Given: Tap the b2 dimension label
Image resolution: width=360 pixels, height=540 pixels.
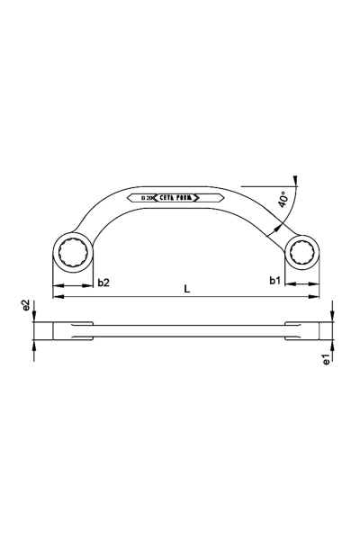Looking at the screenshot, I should [x=103, y=282].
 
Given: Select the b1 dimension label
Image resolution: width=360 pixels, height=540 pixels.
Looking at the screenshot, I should [x=274, y=282].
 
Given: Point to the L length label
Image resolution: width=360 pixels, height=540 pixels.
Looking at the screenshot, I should [x=185, y=290].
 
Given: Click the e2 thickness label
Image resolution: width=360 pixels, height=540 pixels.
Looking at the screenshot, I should [x=27, y=308].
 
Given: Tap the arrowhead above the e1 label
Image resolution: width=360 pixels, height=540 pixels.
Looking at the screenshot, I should [x=333, y=346].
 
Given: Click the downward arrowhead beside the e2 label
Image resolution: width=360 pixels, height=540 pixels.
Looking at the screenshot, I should [x=34, y=318].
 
